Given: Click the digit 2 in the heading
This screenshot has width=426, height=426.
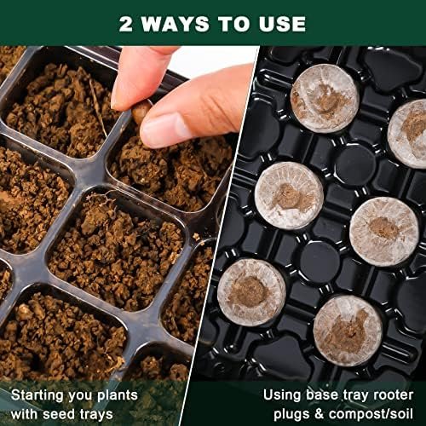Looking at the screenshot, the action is pos(126,24).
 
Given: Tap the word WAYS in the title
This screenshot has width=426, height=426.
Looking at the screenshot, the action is pos(176,24).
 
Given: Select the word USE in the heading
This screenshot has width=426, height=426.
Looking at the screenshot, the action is pos(282,24).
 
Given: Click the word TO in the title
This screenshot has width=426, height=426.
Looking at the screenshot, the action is pos(234,24).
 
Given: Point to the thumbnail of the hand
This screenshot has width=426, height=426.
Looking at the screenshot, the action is pos(160,130).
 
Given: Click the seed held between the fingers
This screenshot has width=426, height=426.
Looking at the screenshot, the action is pos(141,110).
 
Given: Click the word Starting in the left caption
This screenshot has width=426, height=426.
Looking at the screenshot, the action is pos(37,396).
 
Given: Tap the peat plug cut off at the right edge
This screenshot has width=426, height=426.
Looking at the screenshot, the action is pos(408,134).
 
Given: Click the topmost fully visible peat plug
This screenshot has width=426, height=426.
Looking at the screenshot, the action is pos(325,98).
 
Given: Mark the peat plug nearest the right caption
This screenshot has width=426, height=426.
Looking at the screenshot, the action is pos(348,331).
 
